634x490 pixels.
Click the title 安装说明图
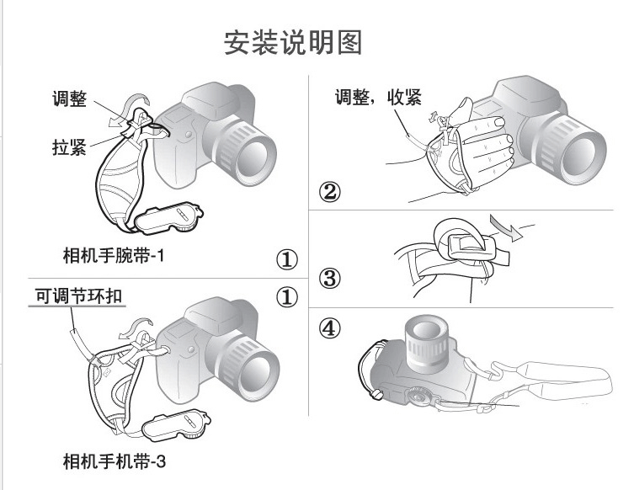click(292, 43)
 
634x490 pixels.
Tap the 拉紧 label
click(62, 148)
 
